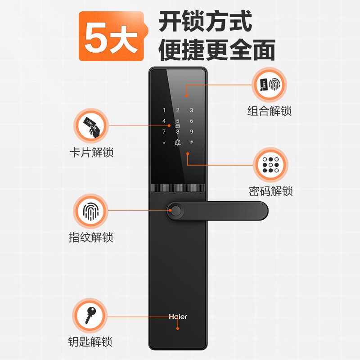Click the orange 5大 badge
pyautogui.click(x=111, y=36)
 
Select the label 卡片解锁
pyautogui.click(x=91, y=152)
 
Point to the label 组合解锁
pyautogui.click(x=270, y=110)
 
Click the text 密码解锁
pyautogui.click(x=271, y=191)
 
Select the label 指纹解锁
pyautogui.click(x=91, y=237)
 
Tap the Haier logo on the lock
pyautogui.click(x=178, y=317)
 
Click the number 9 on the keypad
pyautogui.click(x=191, y=132)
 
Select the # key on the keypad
pyautogui.click(x=191, y=143)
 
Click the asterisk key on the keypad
pyautogui.click(x=164, y=143)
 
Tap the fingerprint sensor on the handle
pyautogui.click(x=176, y=211)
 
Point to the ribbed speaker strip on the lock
pyautogui.click(x=178, y=188)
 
